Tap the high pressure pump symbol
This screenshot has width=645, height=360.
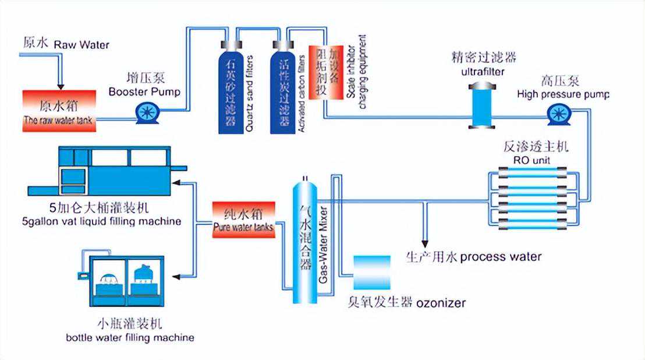click(x=558, y=114)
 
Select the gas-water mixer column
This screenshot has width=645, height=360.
click(x=303, y=239)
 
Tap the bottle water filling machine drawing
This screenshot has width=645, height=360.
click(x=123, y=281)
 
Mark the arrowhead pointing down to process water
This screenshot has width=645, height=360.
click(x=426, y=241)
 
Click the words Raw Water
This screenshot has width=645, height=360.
click(x=81, y=44)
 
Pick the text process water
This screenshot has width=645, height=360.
click(x=501, y=257)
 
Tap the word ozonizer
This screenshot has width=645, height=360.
click(x=441, y=303)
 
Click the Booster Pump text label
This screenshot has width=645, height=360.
click(x=144, y=91)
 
